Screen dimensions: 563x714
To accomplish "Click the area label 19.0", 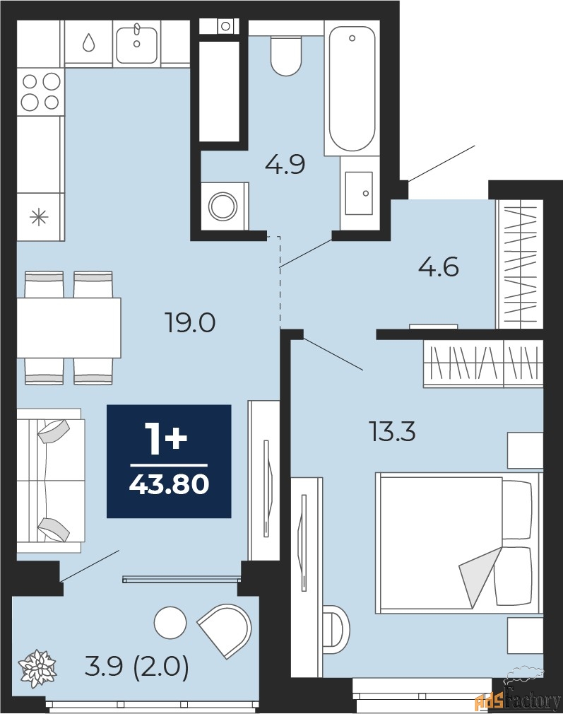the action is (190, 323).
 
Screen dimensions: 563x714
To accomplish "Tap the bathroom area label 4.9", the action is (285, 165).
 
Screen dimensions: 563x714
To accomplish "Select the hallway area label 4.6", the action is (438, 267).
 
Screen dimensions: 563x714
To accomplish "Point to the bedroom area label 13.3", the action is (393, 432).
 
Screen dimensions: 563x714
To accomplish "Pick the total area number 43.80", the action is (169, 484).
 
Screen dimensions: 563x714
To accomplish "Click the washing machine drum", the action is (223, 206).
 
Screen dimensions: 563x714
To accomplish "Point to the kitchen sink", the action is (137, 45).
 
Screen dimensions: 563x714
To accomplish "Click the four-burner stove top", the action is (40, 91).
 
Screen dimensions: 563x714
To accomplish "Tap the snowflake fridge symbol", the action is (39, 217).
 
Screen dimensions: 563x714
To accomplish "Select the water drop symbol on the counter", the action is (88, 43).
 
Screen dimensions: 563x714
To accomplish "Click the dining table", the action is (69, 328).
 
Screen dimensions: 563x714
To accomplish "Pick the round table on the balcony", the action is (170, 623).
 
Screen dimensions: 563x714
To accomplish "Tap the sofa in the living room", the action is (51, 481).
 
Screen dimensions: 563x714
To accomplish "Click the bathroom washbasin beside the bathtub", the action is (359, 192).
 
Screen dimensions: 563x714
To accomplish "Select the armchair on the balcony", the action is (225, 630).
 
